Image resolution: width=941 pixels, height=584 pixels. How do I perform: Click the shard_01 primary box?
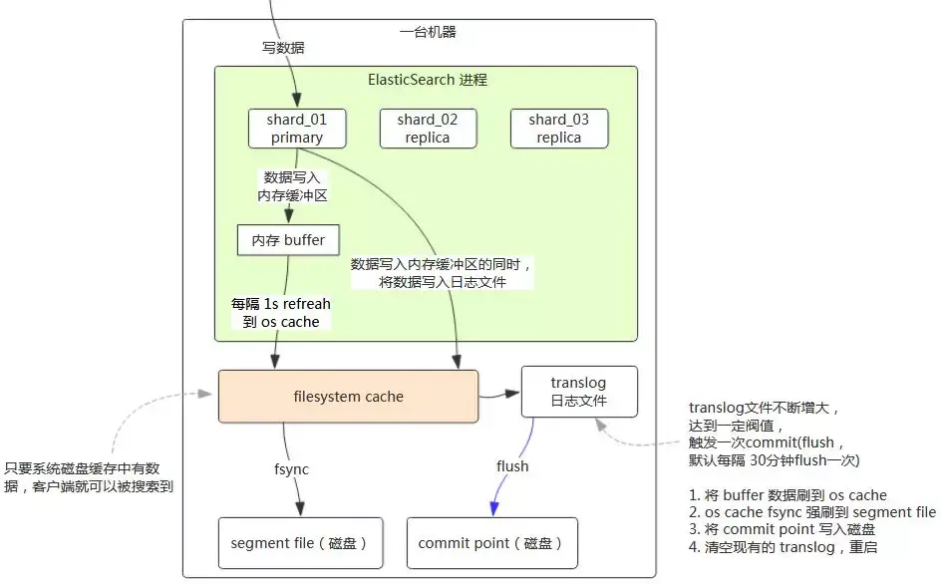click(297, 129)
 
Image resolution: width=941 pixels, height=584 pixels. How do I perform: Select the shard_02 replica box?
click(428, 129)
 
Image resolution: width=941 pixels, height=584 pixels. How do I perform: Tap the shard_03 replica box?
click(558, 129)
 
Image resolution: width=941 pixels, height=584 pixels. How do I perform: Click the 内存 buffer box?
click(289, 240)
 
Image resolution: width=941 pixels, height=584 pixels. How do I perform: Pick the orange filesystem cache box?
click(348, 396)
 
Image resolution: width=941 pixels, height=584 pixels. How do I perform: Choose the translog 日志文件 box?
click(579, 392)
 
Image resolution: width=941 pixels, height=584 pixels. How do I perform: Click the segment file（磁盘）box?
click(301, 543)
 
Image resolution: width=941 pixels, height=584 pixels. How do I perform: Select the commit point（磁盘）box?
click(492, 543)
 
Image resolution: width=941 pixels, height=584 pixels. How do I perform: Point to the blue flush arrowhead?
click(494, 508)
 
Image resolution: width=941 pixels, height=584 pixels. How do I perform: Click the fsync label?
click(292, 469)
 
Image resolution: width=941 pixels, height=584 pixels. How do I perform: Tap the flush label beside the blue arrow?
click(512, 466)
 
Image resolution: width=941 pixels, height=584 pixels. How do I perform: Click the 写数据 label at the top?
click(283, 48)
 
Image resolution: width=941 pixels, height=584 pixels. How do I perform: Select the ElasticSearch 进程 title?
click(428, 80)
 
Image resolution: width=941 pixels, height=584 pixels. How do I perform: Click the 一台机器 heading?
click(428, 32)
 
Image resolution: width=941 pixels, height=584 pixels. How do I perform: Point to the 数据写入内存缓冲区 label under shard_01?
click(292, 186)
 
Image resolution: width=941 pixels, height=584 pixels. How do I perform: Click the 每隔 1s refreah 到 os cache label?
click(281, 313)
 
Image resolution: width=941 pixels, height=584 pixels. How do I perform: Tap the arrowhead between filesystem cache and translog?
click(512, 394)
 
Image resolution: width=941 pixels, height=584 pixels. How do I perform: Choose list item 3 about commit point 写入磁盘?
click(782, 529)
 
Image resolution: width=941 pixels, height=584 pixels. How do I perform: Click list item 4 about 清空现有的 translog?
click(784, 547)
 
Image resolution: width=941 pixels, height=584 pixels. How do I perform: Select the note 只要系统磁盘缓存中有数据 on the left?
click(89, 477)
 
